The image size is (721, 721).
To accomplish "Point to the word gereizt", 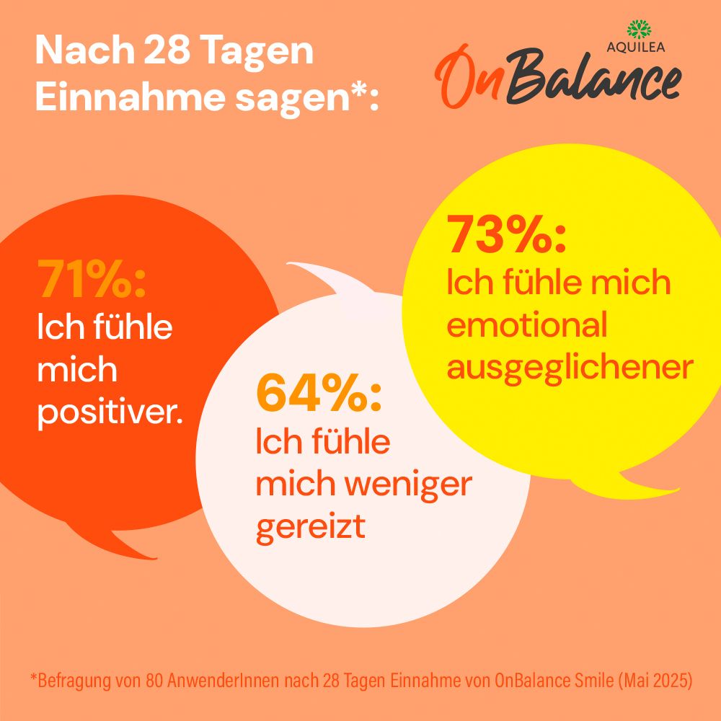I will point(311,527).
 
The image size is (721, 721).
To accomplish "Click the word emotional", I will point(527,325).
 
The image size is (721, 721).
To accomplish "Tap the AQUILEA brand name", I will point(637,48).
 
